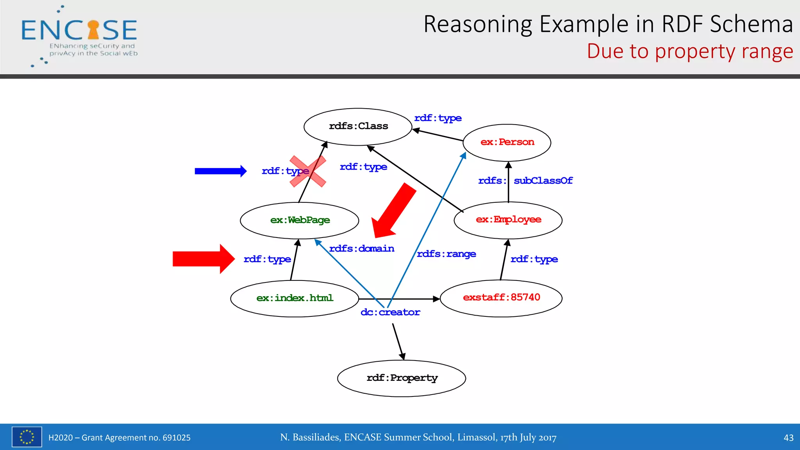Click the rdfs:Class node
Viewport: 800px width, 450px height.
pyautogui.click(x=358, y=127)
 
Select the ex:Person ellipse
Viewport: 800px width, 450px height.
pyautogui.click(x=507, y=143)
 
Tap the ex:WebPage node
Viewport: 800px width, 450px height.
pyautogui.click(x=300, y=220)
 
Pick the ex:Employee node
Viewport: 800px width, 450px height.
pyautogui.click(x=508, y=220)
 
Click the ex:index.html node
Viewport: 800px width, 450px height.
pyautogui.click(x=295, y=298)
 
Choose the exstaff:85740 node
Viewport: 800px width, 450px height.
pyautogui.click(x=501, y=298)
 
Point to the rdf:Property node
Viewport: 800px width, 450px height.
pyautogui.click(x=402, y=378)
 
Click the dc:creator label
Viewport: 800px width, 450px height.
pyautogui.click(x=390, y=312)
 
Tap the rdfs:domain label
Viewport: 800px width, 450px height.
pyautogui.click(x=362, y=249)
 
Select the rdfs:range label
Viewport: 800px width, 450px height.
pyautogui.click(x=446, y=254)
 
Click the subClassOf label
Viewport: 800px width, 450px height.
pyautogui.click(x=543, y=181)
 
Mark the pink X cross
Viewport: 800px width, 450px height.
pyautogui.click(x=308, y=171)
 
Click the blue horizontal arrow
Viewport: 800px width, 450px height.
pyautogui.click(x=220, y=171)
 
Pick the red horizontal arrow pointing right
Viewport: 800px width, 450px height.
pyautogui.click(x=203, y=259)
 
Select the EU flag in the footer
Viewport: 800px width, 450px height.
pyautogui.click(x=27, y=437)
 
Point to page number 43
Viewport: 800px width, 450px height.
pyautogui.click(x=788, y=438)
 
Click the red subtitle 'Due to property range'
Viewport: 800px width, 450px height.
pyautogui.click(x=690, y=52)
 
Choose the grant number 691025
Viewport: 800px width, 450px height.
pyautogui.click(x=176, y=438)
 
